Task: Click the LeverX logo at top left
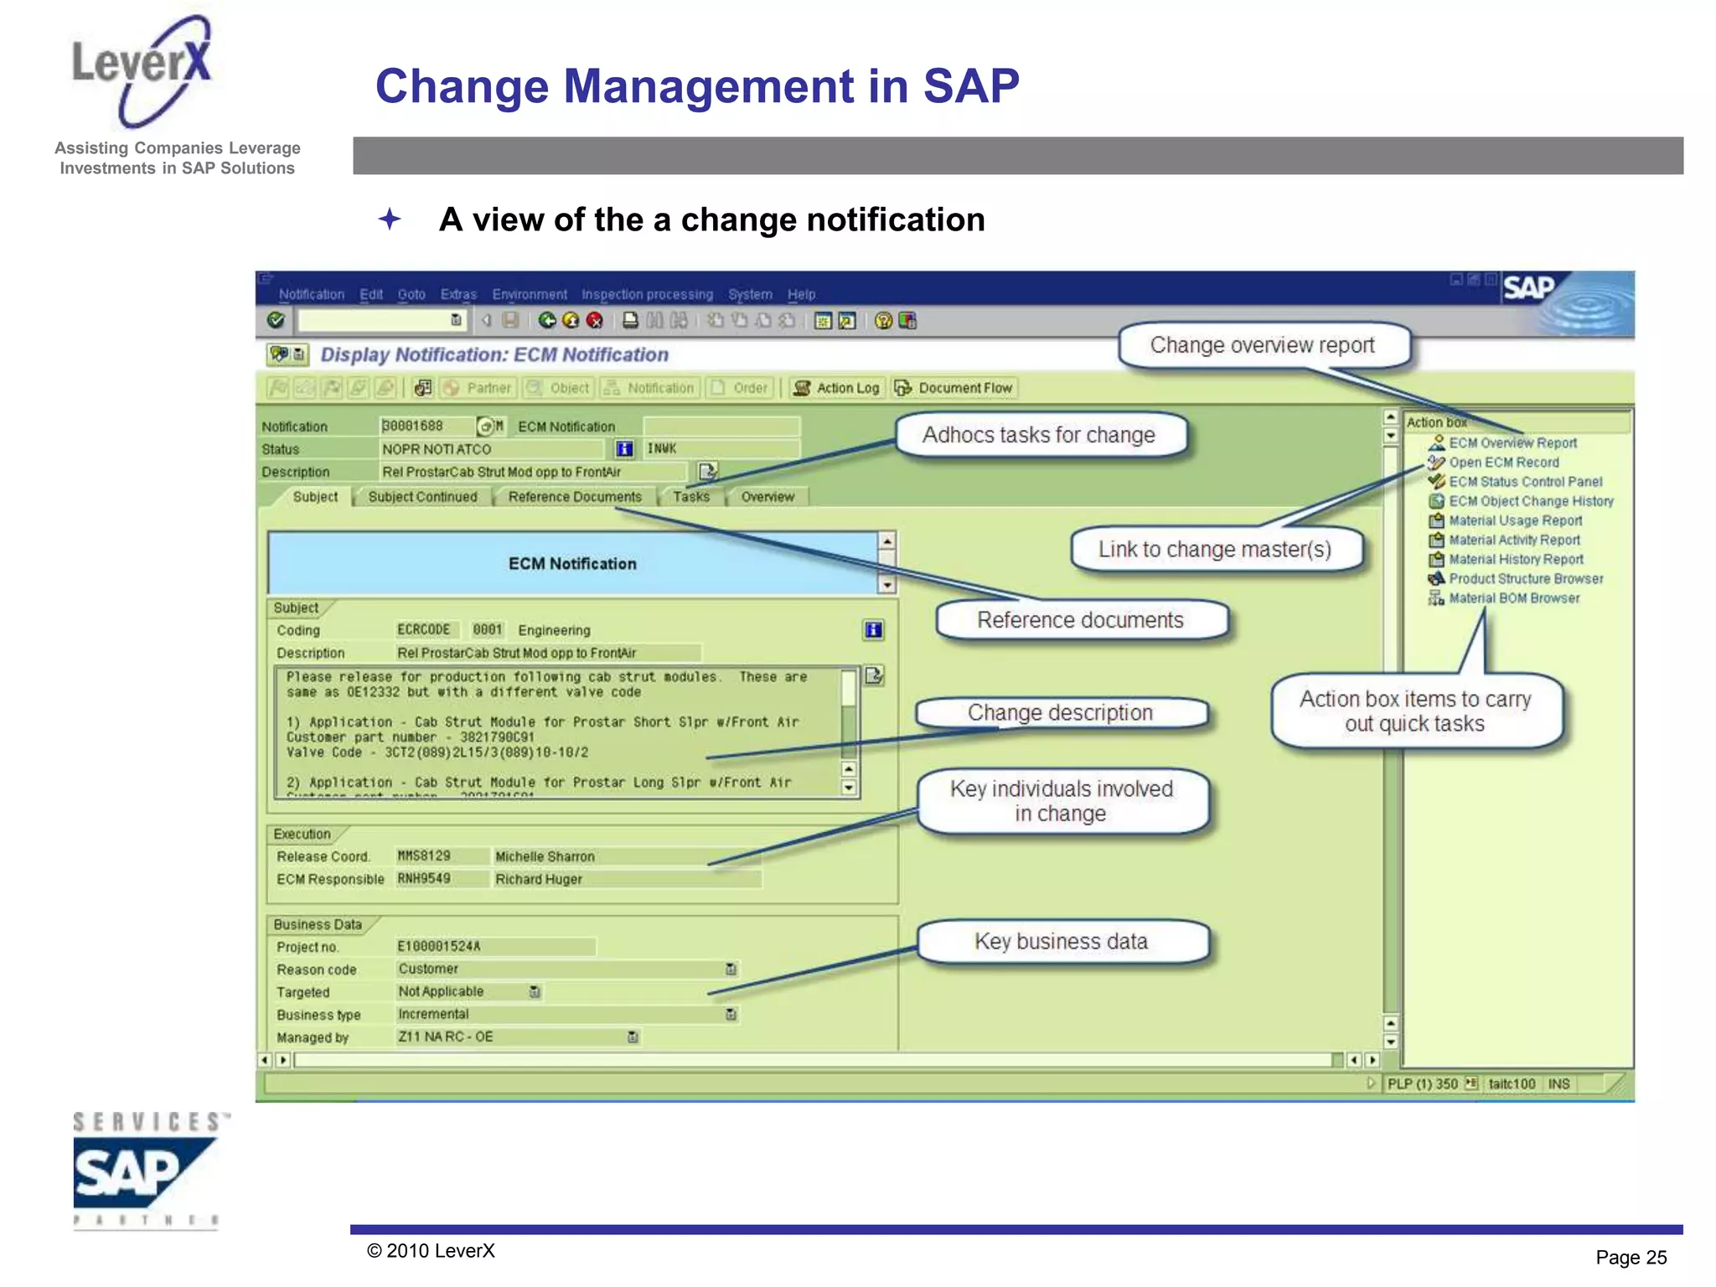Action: click(x=142, y=71)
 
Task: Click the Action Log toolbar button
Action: click(x=837, y=388)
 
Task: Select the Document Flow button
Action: click(x=954, y=388)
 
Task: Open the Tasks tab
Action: click(x=690, y=497)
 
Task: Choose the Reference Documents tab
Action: click(x=575, y=497)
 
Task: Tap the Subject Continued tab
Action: click(x=422, y=497)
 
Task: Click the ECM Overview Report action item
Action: click(x=1512, y=443)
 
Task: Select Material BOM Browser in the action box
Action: click(x=1514, y=598)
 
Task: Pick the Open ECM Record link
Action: click(x=1504, y=463)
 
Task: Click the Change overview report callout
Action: click(x=1262, y=345)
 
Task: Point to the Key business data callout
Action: click(x=1061, y=942)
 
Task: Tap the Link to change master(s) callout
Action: click(x=1214, y=550)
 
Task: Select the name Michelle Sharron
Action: click(x=545, y=856)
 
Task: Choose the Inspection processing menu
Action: click(x=647, y=295)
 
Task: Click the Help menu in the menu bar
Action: click(x=801, y=295)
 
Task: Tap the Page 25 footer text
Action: click(x=1631, y=1257)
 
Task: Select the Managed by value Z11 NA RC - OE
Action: click(x=446, y=1037)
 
